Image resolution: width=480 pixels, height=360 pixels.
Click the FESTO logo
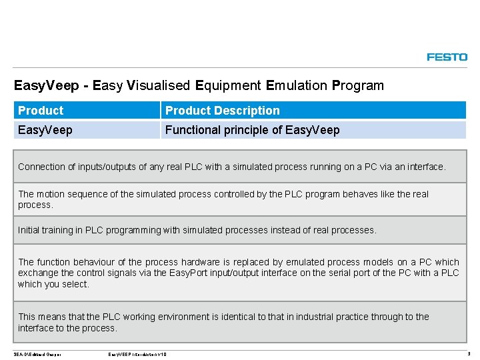447,57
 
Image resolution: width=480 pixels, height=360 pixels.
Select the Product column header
41,111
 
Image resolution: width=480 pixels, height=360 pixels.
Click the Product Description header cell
223,111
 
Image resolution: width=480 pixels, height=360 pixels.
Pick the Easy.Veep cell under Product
45,130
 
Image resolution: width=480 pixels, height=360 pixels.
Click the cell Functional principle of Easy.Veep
252,130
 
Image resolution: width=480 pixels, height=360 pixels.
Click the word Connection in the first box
42,167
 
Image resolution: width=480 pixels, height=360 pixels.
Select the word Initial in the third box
28,230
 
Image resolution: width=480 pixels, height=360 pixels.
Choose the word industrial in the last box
313,317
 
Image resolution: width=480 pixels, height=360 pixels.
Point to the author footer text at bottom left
37,354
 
